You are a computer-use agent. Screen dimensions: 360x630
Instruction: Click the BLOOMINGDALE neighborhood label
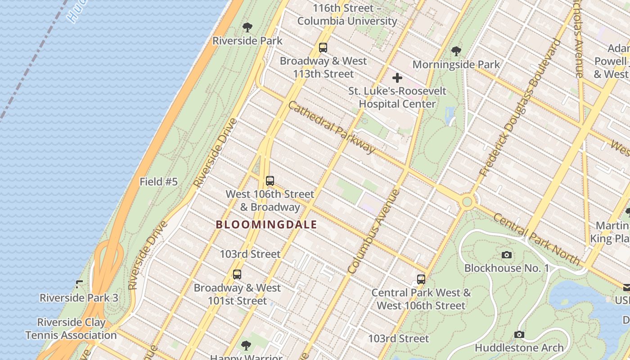point(266,225)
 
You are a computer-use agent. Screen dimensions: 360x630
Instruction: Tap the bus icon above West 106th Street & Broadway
point(270,181)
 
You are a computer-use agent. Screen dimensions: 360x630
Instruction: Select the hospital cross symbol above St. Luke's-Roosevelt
point(397,78)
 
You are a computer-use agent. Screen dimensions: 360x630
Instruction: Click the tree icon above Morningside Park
point(456,51)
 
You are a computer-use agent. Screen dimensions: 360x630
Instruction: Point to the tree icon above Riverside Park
point(247,27)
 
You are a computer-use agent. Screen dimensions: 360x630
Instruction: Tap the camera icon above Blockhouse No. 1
point(507,255)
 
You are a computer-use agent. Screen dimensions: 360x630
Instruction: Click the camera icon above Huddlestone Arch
point(519,335)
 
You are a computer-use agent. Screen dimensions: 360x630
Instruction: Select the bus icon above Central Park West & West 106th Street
point(421,279)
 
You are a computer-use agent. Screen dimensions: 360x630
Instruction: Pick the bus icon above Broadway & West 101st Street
point(237,274)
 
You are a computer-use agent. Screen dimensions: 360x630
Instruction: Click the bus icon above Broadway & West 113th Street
point(323,48)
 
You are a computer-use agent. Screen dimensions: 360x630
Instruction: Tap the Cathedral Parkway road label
point(331,127)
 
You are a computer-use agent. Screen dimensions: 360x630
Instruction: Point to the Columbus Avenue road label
point(374,232)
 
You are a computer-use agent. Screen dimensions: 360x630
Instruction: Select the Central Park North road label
point(536,239)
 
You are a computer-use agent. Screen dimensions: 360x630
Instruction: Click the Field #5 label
point(158,182)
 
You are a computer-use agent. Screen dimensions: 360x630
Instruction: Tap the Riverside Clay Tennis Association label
point(71,329)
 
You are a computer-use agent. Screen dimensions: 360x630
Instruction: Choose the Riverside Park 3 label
point(79,298)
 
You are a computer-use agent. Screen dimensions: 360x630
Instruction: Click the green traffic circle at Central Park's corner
point(467,202)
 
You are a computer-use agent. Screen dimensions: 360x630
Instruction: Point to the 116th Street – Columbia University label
point(347,14)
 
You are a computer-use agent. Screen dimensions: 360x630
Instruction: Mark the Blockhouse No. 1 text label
point(507,268)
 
